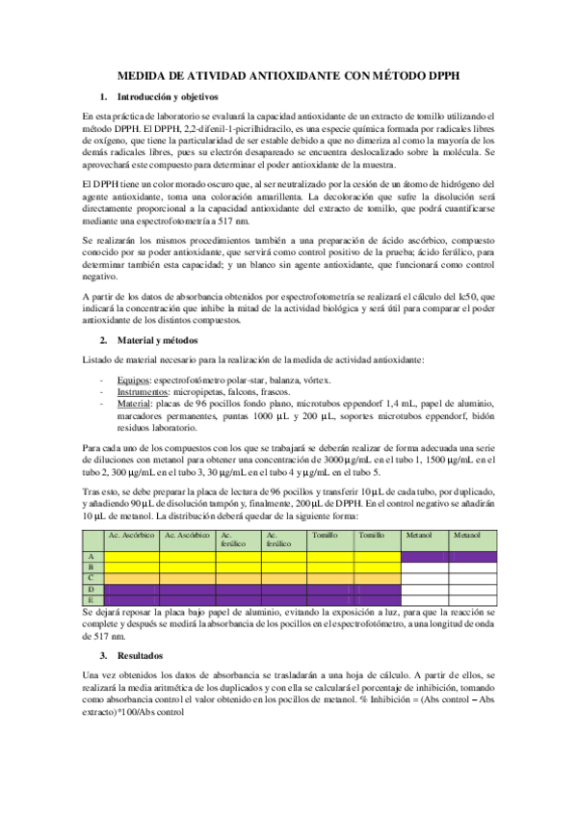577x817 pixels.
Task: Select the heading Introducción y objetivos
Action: pyautogui.click(x=167, y=97)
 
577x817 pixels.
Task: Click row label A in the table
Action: pyautogui.click(x=91, y=556)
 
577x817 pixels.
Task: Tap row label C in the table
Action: pyautogui.click(x=91, y=577)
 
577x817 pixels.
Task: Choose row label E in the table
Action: pyautogui.click(x=91, y=599)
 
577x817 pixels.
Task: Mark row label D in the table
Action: pyautogui.click(x=91, y=589)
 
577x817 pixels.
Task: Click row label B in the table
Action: pyautogui.click(x=91, y=567)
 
